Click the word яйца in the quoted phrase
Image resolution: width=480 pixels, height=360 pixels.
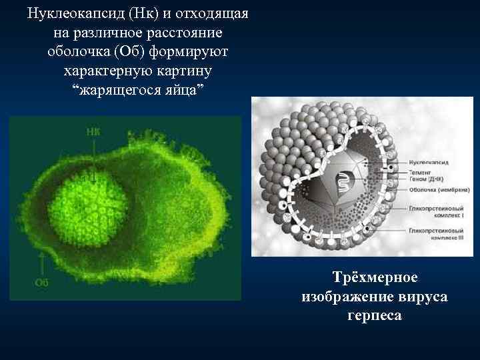coord(179,89)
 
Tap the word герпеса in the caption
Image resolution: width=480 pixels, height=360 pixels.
coord(374,314)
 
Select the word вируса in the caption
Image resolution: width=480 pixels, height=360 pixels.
coord(421,295)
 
